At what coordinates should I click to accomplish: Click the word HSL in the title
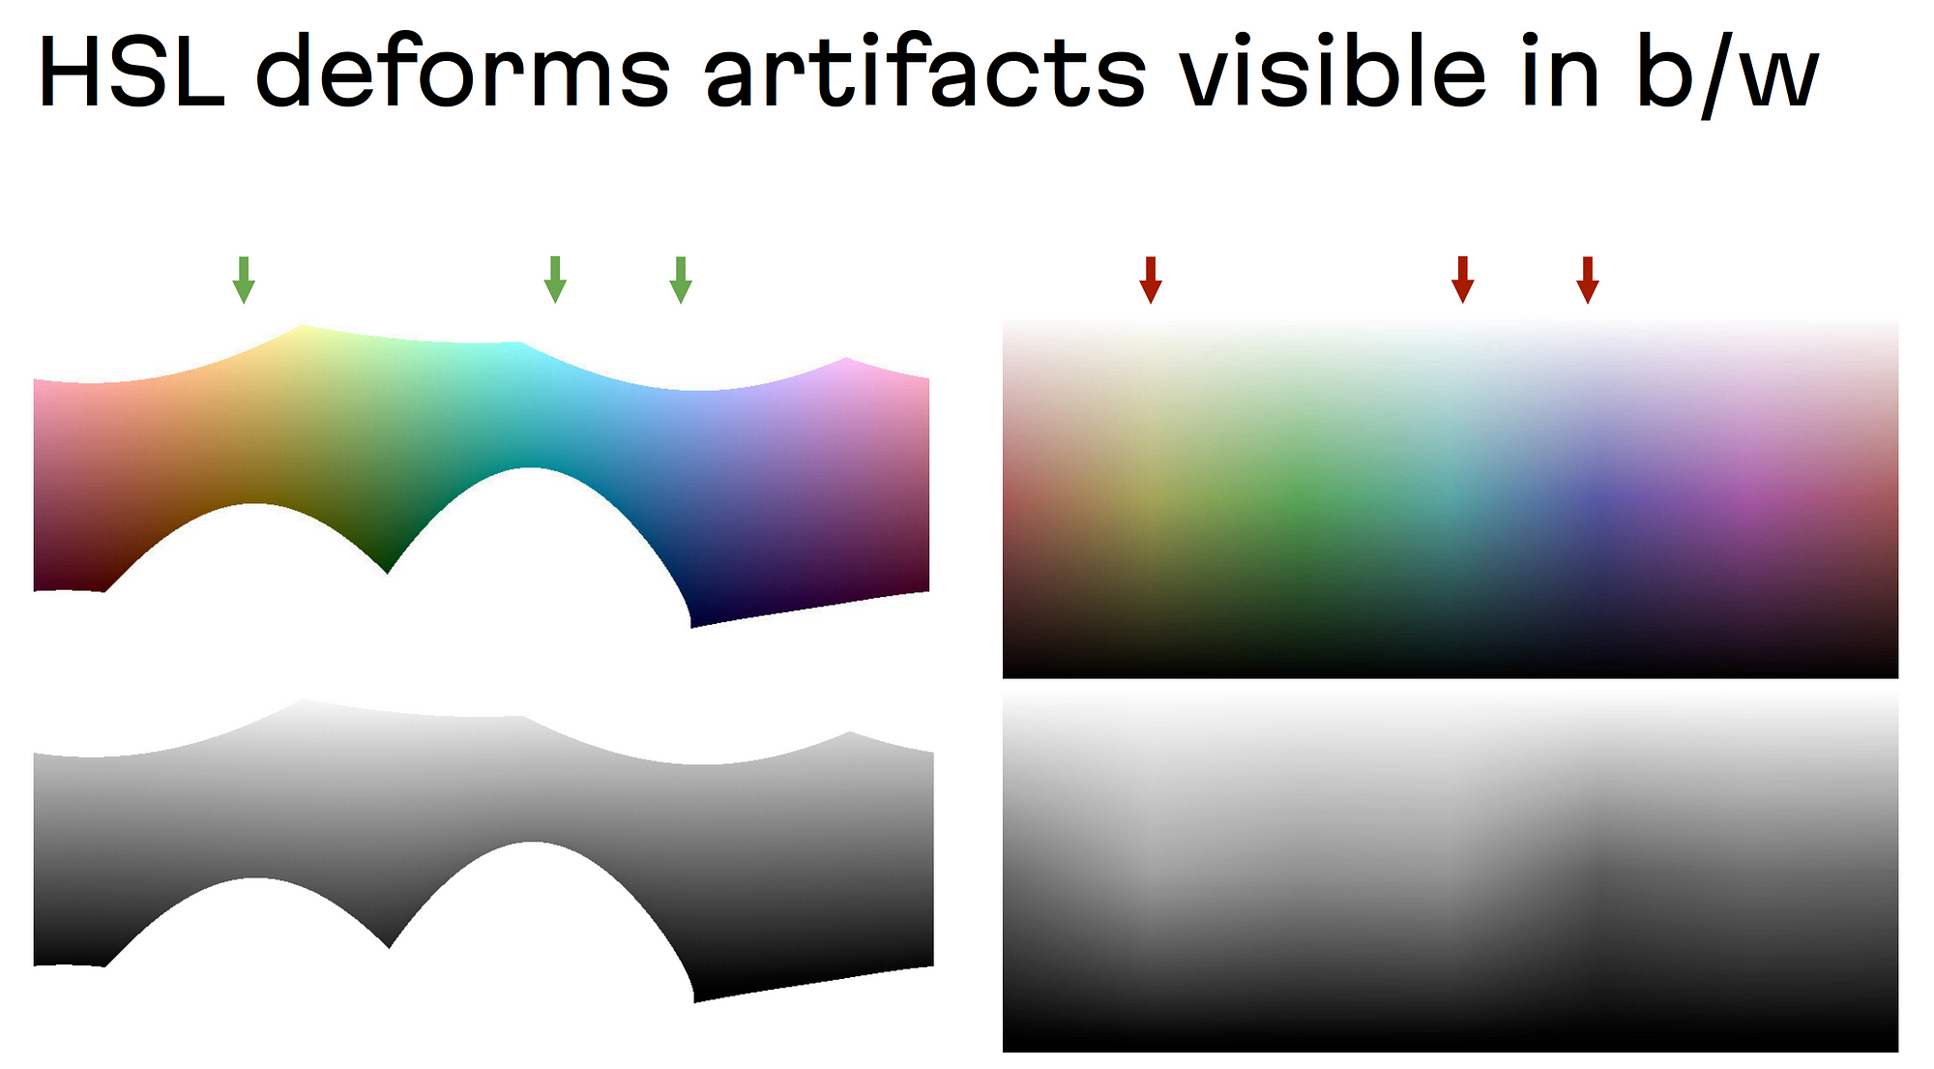132,73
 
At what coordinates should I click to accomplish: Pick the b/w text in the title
1727,75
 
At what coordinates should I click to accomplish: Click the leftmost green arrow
244,281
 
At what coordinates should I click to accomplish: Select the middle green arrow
555,281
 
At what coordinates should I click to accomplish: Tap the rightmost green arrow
681,281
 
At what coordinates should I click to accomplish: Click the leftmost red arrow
1151,281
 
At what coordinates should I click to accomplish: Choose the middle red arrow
1463,281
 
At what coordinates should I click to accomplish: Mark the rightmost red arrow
1588,281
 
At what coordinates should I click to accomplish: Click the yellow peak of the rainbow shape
302,327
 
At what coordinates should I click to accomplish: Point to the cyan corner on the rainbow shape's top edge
522,343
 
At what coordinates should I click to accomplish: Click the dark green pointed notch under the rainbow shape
388,571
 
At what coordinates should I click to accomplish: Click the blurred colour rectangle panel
1450,497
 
